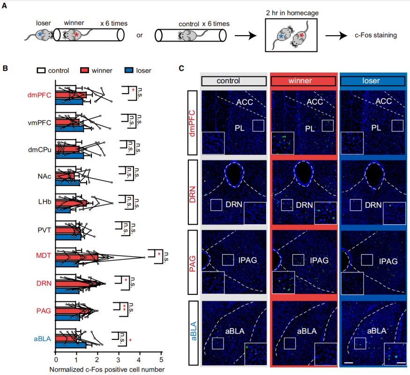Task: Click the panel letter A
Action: pyautogui.click(x=5, y=7)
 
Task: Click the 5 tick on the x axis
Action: pyautogui.click(x=161, y=360)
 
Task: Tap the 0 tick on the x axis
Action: pyautogui.click(x=56, y=360)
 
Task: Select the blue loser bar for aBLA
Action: pyautogui.click(x=71, y=345)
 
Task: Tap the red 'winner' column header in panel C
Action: pyautogui.click(x=303, y=81)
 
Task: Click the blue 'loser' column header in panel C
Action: pyautogui.click(x=373, y=81)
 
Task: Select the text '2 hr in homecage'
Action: pyautogui.click(x=291, y=13)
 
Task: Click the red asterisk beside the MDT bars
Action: pyautogui.click(x=159, y=254)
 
